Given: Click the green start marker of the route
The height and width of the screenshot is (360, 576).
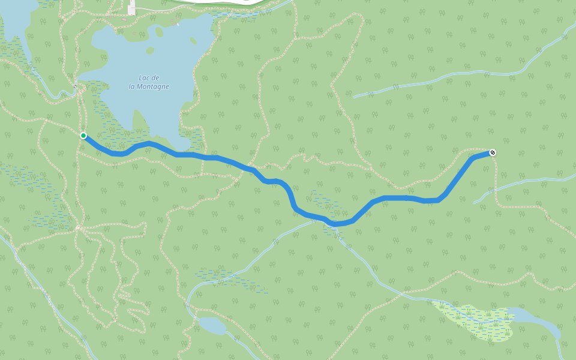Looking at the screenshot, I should point(83,136).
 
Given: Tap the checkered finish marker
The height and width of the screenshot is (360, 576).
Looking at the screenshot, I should point(493,152).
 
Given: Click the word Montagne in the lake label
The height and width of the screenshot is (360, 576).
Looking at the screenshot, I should point(149,86).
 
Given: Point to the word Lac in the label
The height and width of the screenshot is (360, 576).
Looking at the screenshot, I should point(145,78).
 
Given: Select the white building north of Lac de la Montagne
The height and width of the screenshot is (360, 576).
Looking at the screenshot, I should point(131,8).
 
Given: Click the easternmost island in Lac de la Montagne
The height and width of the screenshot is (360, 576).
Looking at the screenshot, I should point(193,41).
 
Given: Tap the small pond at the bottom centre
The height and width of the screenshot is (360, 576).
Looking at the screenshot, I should point(212,326).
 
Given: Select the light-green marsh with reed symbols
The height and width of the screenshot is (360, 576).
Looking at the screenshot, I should point(474,321).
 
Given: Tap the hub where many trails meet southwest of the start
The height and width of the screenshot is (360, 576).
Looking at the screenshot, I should point(78,228).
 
